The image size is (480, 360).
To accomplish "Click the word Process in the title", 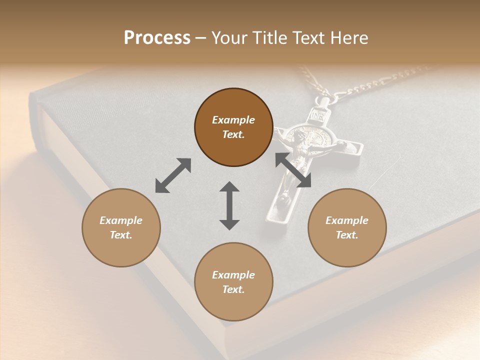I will [x=157, y=38].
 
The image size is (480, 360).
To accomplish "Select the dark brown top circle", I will [x=233, y=127].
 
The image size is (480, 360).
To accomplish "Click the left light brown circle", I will [x=121, y=227].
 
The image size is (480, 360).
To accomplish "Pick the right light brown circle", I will [x=347, y=227].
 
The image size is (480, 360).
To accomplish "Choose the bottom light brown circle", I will [x=233, y=282].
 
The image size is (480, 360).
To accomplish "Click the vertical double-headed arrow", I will [x=229, y=205].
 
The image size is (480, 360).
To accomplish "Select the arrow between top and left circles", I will [x=173, y=175].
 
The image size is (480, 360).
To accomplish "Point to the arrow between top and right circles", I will [x=293, y=170].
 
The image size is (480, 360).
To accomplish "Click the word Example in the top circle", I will [x=233, y=120].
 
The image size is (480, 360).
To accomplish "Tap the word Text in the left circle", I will [x=121, y=235].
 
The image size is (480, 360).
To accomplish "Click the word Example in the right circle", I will [x=347, y=220].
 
